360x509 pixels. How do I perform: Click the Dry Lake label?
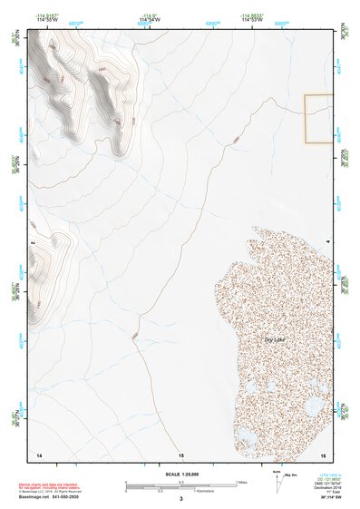(274, 339)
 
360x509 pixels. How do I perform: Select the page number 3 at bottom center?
(180, 499)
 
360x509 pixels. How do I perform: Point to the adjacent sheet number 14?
(38, 453)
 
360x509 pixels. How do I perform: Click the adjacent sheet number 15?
(180, 454)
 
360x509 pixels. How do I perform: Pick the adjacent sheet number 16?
(322, 453)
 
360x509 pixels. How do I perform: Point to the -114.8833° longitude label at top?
(251, 15)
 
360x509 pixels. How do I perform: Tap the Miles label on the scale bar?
(240, 482)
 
